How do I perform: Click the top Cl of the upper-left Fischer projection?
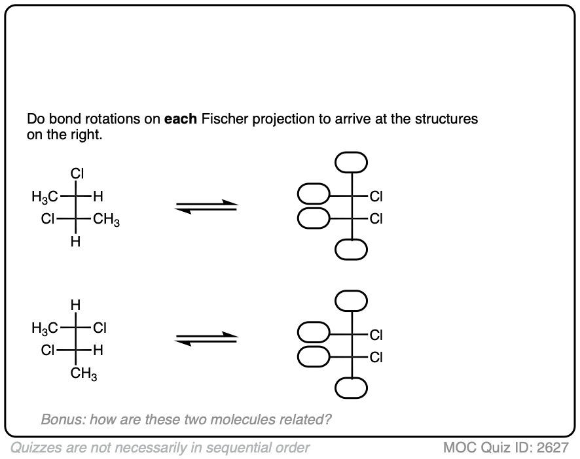click(77, 174)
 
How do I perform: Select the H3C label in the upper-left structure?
click(44, 195)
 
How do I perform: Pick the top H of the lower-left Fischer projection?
click(77, 304)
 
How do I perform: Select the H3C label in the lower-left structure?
click(44, 327)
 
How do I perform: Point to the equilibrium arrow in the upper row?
click(206, 207)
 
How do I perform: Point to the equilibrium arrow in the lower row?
click(206, 338)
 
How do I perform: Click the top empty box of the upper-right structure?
click(352, 161)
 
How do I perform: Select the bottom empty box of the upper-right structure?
click(352, 249)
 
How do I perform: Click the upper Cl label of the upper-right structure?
click(376, 195)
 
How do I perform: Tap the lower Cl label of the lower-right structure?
click(376, 357)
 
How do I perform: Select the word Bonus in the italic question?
click(61, 419)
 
